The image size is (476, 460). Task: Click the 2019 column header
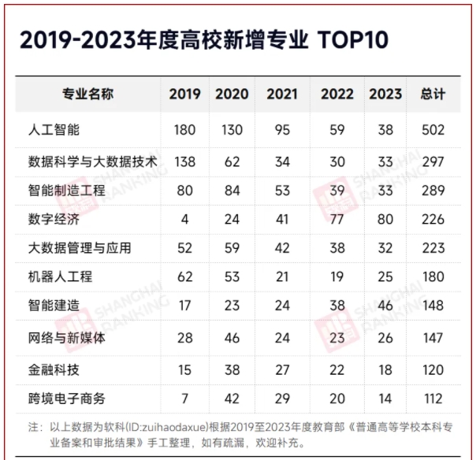pyautogui.click(x=184, y=95)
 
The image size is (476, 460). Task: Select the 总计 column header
pyautogui.click(x=433, y=95)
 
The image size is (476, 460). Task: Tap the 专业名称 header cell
pyautogui.click(x=88, y=95)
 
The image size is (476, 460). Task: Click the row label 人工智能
pyautogui.click(x=54, y=129)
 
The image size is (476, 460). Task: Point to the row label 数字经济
pyautogui.click(x=54, y=220)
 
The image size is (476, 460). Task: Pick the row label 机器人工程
pyautogui.click(x=60, y=277)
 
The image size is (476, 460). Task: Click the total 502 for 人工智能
pyautogui.click(x=433, y=129)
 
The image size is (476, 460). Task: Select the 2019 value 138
pyautogui.click(x=184, y=161)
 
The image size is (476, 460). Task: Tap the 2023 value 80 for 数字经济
pyautogui.click(x=386, y=220)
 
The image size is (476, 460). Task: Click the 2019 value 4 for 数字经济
pyautogui.click(x=184, y=220)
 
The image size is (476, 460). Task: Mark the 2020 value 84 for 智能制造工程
pyautogui.click(x=232, y=191)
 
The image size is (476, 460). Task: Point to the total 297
pyautogui.click(x=433, y=161)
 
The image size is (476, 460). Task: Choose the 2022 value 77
pyautogui.click(x=337, y=220)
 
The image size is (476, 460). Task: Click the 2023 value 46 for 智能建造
pyautogui.click(x=386, y=306)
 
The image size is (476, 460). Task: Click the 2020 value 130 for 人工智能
pyautogui.click(x=232, y=129)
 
